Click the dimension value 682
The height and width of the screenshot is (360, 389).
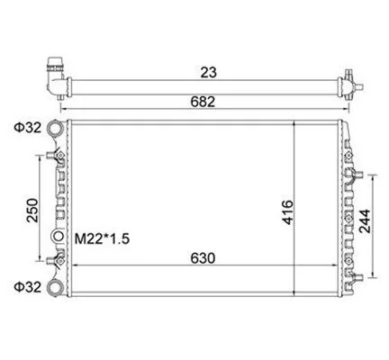point(203,102)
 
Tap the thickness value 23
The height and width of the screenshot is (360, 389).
point(208,72)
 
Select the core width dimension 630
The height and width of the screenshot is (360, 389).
point(203,258)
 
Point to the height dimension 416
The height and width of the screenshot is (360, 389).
point(287,212)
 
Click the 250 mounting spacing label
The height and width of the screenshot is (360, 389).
point(32,211)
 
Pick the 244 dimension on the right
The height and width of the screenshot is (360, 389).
point(366,221)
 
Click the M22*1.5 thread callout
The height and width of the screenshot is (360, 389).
point(102,239)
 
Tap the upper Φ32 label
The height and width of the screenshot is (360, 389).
point(27,128)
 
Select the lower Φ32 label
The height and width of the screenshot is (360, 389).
point(27,287)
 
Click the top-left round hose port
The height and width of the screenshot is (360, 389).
point(55,128)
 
